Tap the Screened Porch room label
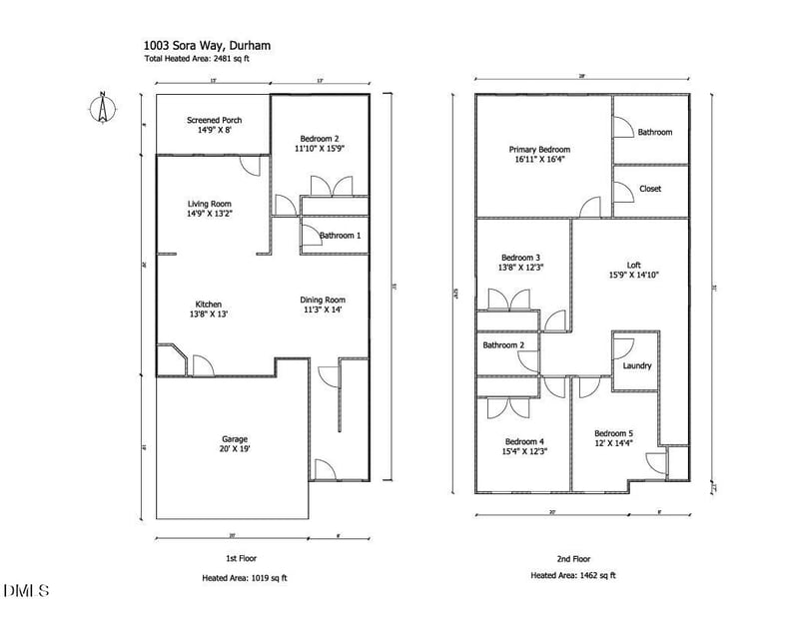pyautogui.click(x=214, y=121)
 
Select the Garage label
pyautogui.click(x=235, y=438)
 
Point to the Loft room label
pyautogui.click(x=633, y=265)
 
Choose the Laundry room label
pyautogui.click(x=636, y=365)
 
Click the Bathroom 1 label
pyautogui.click(x=340, y=236)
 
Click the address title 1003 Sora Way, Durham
pyautogui.click(x=208, y=45)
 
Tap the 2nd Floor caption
pyautogui.click(x=574, y=558)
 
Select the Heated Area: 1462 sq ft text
pyautogui.click(x=573, y=575)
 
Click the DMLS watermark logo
pyautogui.click(x=25, y=591)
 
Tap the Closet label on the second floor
pyautogui.click(x=649, y=189)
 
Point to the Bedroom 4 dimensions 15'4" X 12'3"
pyautogui.click(x=523, y=452)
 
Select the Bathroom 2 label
pyautogui.click(x=504, y=345)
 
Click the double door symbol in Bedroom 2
pyautogui.click(x=329, y=187)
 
